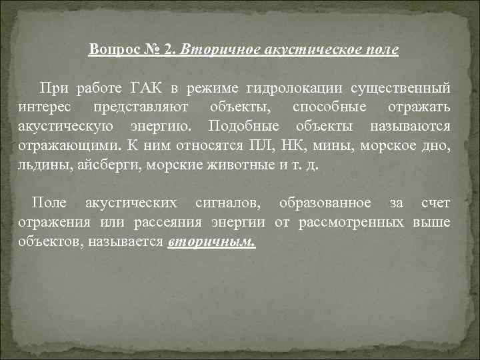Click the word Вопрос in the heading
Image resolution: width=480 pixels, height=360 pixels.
click(x=112, y=50)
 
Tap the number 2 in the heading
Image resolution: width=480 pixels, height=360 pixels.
click(x=170, y=50)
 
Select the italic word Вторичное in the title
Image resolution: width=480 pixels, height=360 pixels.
click(x=216, y=50)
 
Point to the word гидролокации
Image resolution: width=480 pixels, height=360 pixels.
click(x=284, y=88)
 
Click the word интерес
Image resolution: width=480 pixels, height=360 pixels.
click(x=42, y=107)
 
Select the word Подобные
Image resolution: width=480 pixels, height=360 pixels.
click(x=242, y=127)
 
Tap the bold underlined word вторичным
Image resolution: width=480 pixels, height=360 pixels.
click(x=212, y=241)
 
